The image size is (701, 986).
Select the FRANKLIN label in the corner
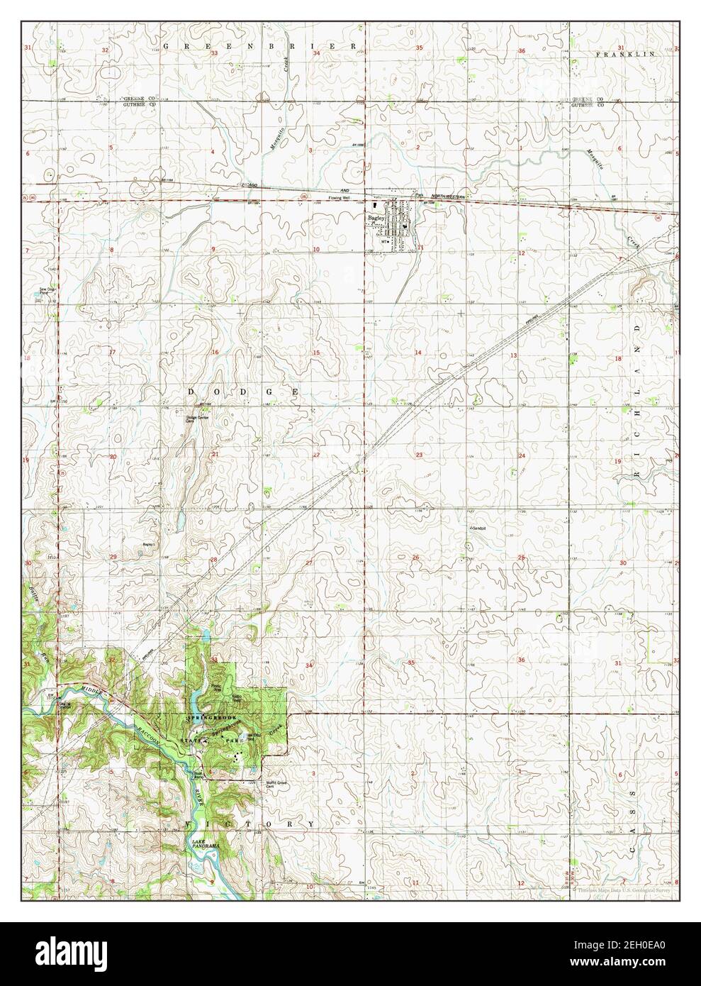tap(624, 54)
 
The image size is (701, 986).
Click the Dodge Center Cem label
tap(191, 420)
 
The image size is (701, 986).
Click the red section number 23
tap(420, 455)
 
